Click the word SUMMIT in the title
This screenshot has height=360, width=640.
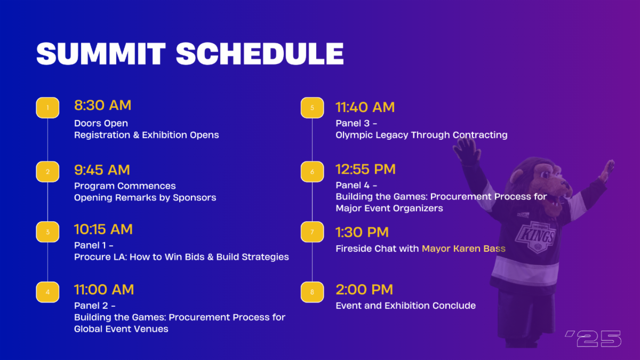101,54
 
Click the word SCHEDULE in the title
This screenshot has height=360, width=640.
260,54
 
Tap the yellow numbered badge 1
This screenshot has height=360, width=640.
47,108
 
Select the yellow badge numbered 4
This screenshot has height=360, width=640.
47,292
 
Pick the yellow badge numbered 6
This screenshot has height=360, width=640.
313,172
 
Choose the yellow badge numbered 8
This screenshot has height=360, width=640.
313,292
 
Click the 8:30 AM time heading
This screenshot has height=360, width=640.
103,105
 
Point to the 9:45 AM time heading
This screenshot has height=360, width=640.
102,170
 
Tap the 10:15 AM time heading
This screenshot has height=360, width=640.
103,229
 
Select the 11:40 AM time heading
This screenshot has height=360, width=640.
365,107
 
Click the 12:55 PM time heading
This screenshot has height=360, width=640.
366,169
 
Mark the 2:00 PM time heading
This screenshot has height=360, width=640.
365,290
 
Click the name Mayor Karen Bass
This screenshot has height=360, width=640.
463,249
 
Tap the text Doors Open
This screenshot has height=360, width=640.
101,123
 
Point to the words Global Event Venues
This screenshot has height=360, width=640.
121,329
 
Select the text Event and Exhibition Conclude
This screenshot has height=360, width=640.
406,306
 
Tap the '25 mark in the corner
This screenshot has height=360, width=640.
594,339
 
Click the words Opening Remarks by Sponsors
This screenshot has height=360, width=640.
145,198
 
